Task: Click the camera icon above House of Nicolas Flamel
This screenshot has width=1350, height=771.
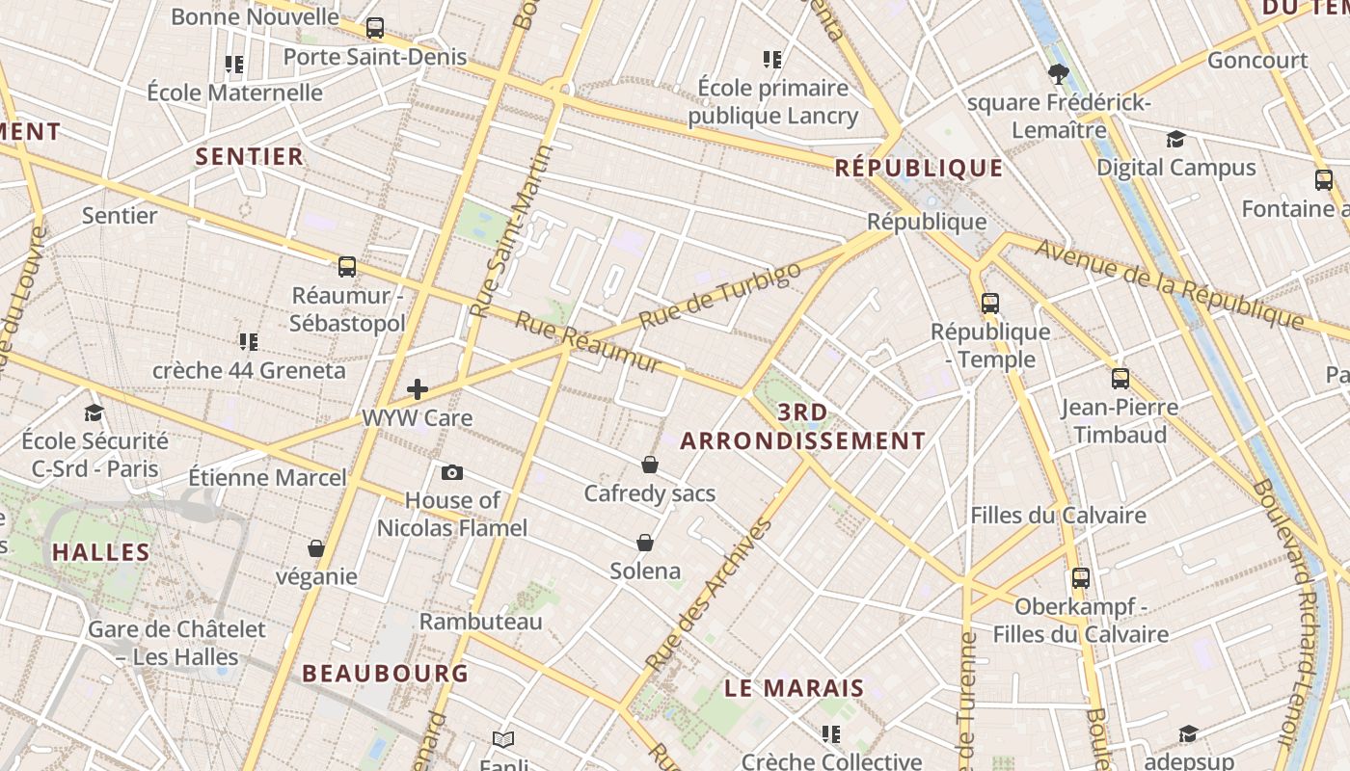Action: (x=451, y=472)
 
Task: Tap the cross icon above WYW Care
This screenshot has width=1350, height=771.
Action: (x=418, y=389)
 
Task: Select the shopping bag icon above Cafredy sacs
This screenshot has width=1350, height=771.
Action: (x=650, y=465)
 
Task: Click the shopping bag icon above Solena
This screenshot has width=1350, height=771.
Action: (x=645, y=543)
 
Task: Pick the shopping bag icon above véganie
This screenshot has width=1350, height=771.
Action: (x=316, y=548)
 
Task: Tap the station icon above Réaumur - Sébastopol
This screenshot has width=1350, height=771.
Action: (x=347, y=266)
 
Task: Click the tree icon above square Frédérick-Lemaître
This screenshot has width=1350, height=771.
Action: (x=1059, y=74)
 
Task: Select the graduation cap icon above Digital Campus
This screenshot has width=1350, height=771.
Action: (x=1175, y=139)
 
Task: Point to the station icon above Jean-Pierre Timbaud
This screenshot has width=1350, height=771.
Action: (x=1120, y=379)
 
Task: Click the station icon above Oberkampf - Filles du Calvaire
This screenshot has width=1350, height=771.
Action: (x=1081, y=578)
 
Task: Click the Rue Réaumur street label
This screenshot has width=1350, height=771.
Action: (x=588, y=342)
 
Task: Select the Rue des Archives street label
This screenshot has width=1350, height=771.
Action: (x=709, y=595)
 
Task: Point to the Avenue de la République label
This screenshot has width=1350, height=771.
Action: (x=1169, y=284)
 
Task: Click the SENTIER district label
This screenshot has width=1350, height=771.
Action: (x=250, y=156)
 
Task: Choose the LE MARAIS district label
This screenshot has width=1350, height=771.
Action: (x=795, y=688)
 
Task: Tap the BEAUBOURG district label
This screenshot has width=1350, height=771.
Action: (x=386, y=673)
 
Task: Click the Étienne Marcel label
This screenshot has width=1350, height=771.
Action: (x=267, y=477)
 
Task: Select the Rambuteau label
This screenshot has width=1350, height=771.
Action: (x=480, y=622)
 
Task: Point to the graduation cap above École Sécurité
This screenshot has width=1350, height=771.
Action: (x=94, y=412)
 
